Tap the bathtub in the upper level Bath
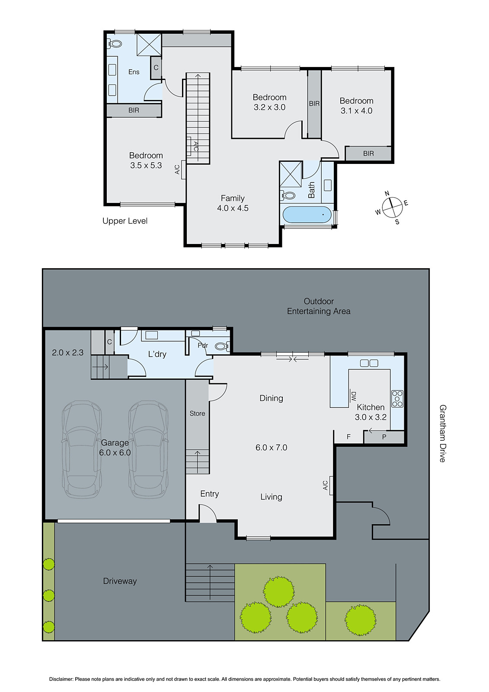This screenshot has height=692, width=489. click(307, 215)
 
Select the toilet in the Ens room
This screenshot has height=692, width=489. click(115, 44)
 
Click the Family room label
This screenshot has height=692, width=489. click(233, 198)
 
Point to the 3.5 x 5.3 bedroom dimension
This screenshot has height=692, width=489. click(146, 165)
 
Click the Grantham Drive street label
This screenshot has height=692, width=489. click(442, 433)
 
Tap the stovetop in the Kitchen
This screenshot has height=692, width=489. click(397, 398)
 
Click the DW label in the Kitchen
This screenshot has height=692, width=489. click(353, 395)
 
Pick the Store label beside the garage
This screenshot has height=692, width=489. click(197, 413)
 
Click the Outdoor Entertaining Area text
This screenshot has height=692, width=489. click(319, 306)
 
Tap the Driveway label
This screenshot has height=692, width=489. click(120, 581)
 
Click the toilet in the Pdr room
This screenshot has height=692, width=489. click(221, 346)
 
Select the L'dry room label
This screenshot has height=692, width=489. click(157, 354)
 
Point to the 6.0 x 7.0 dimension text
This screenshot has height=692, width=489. click(271, 448)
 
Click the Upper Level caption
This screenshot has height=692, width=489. click(125, 221)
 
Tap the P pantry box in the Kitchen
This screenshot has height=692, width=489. click(384, 437)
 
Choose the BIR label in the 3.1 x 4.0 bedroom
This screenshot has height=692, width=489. click(368, 154)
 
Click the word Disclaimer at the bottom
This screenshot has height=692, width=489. click(61, 679)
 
